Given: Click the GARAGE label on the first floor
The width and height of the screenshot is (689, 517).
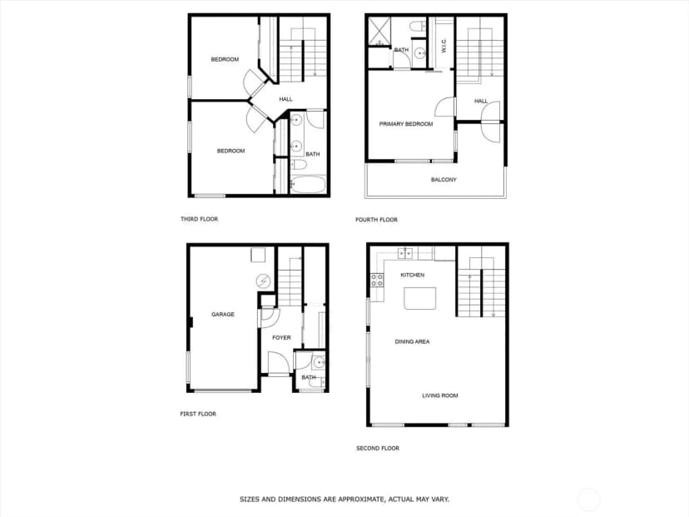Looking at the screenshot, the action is (223, 315).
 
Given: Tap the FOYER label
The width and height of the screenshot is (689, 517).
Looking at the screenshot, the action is (281, 338).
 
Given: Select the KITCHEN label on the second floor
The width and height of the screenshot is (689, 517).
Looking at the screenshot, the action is (412, 275).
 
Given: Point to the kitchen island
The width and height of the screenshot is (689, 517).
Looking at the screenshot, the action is (420, 299).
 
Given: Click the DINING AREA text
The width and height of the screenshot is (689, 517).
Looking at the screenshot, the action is (412, 341).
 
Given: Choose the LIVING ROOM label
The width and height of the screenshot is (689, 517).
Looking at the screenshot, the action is (440, 395).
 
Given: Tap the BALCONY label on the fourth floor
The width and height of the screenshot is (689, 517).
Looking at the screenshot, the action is (444, 180).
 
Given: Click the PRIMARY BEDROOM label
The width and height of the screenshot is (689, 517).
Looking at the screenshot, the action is (406, 124).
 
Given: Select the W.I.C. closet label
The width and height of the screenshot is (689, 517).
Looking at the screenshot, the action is (444, 46).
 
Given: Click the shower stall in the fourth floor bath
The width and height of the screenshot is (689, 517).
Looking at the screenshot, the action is (379, 31).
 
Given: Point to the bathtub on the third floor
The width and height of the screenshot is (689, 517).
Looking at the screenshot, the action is (308, 185).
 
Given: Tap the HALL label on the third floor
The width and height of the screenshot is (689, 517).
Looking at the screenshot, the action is (285, 99).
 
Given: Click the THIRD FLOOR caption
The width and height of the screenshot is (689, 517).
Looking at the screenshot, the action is (199, 219).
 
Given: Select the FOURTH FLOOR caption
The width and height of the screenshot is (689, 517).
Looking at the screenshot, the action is (377, 220).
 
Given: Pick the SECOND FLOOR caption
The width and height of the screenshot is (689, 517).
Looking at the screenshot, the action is (378, 449).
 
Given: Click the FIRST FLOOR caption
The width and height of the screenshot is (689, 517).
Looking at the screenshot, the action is (198, 414).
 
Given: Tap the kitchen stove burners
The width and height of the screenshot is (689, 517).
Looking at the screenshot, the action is (377, 280).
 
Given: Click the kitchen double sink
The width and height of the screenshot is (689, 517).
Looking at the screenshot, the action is (405, 253).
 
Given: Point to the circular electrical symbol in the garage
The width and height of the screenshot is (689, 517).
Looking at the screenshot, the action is (264, 281).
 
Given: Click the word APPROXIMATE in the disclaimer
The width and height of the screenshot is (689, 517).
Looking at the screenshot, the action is (354, 500).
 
